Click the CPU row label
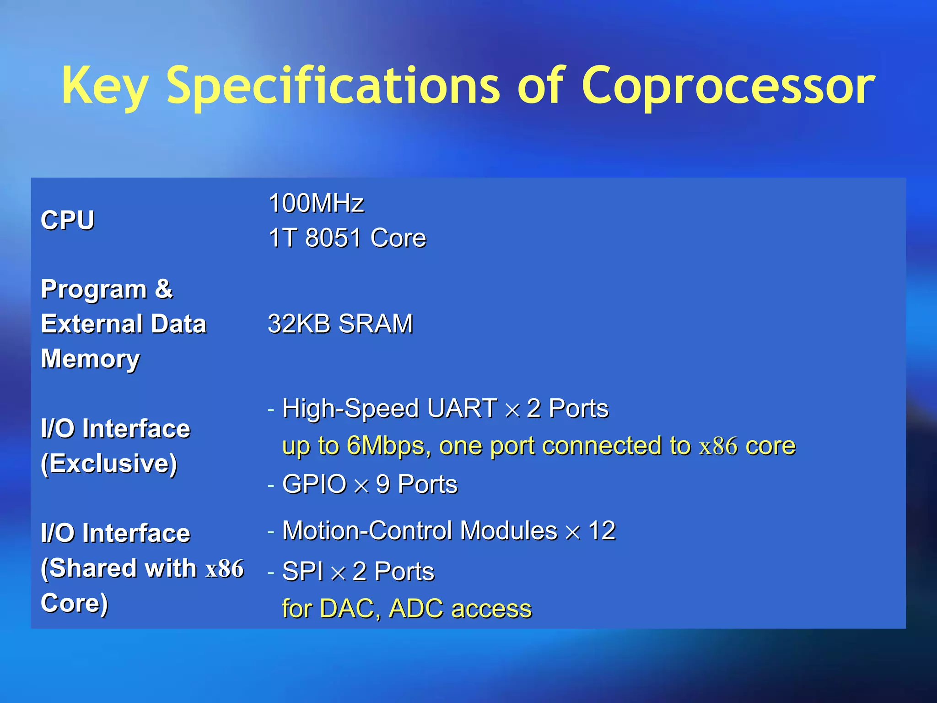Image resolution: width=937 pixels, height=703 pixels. coord(68,220)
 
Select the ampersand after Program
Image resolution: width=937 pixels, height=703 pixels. coord(164,289)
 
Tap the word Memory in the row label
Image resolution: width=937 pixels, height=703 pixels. coord(90,358)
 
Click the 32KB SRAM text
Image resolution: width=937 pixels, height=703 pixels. coord(340,324)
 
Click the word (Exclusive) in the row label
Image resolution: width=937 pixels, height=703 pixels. coord(109,463)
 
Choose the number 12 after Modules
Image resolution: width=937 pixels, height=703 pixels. coord(602,530)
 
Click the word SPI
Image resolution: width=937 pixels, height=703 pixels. coord(302,571)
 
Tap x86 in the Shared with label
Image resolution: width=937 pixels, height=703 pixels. coord(225,569)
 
